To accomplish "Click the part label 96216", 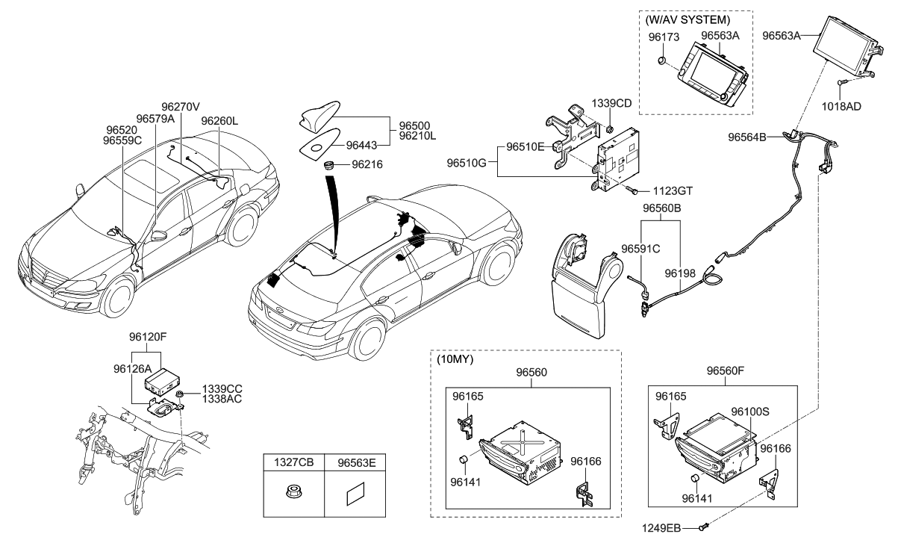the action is (x=367, y=164).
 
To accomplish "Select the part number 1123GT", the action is (x=673, y=190).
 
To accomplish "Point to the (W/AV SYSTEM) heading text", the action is (x=688, y=19).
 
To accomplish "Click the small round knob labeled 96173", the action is (x=661, y=61).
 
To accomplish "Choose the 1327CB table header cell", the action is (x=293, y=462).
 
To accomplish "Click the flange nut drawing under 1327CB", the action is (x=293, y=491).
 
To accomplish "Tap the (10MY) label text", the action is (x=455, y=359).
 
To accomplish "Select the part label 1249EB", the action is (x=661, y=528).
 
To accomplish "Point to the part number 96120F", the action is (x=148, y=337).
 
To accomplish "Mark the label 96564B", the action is (x=747, y=137).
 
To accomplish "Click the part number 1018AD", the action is (x=841, y=106).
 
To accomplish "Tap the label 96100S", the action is (x=749, y=412).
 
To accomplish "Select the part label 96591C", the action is (x=640, y=249).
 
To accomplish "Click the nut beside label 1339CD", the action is (x=609, y=128).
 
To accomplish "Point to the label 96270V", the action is (x=181, y=107).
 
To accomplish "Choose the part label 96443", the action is (x=361, y=145).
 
